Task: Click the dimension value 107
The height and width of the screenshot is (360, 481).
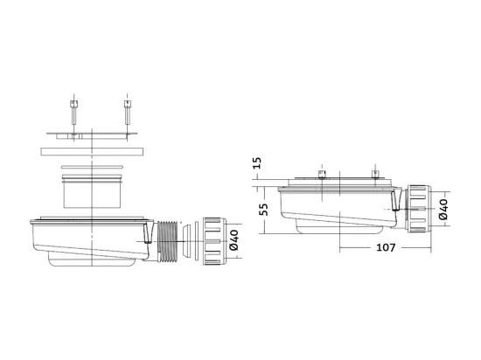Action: coord(386,247)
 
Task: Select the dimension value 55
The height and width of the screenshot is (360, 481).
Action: coord(263,210)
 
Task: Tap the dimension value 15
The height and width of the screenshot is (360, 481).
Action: coord(257,163)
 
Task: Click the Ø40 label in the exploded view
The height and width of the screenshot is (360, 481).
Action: coord(234,240)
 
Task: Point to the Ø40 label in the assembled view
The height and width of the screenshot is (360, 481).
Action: coord(443,209)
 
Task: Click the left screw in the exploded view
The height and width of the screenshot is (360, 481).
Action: coord(74,113)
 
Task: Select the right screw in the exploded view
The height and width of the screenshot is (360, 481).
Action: coord(128,113)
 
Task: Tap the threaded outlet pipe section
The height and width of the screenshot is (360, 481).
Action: coord(168,241)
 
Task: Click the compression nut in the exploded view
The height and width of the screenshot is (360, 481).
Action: coord(214,241)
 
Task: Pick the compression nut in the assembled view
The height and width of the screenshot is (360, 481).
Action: coord(419,209)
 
